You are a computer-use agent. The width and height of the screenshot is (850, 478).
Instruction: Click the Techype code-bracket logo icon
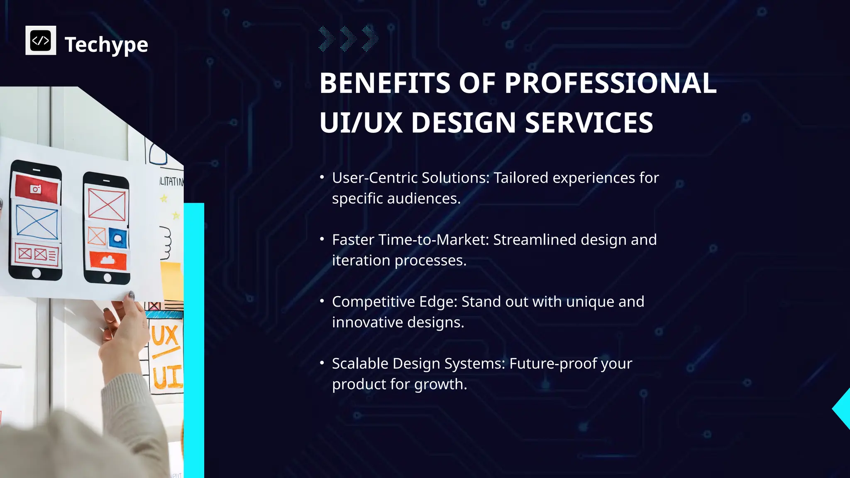pos(41,40)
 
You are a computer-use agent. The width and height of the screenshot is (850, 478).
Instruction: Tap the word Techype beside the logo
pos(106,44)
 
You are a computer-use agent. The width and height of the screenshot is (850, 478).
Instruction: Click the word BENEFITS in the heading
pos(384,83)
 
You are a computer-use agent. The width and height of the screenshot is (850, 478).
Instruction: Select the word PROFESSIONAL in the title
pos(611,83)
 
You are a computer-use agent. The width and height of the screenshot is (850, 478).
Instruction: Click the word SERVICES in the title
pos(589,123)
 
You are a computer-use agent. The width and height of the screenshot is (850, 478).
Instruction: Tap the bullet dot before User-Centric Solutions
pos(322,177)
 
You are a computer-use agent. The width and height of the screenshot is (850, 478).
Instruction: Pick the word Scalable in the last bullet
pos(360,363)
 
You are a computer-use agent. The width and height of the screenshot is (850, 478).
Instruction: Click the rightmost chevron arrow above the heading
pos(370,39)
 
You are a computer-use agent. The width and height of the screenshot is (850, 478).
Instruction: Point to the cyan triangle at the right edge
pos(843,409)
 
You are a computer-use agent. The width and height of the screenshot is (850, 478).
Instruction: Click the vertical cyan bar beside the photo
pos(194,340)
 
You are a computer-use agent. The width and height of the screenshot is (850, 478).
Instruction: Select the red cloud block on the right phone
pos(108,261)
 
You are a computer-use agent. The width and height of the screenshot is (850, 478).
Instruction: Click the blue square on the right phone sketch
pos(118,238)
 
